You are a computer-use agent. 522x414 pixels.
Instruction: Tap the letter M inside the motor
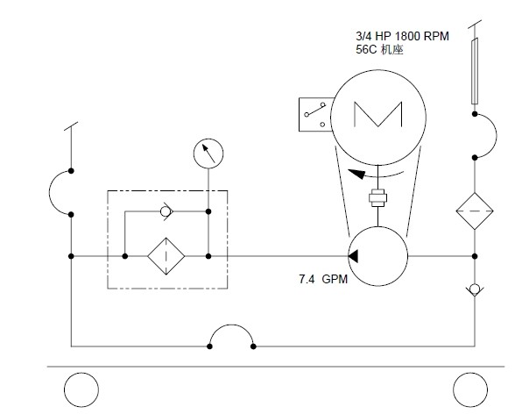[x=377, y=114]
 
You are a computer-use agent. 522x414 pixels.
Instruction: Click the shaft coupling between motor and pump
[x=377, y=198]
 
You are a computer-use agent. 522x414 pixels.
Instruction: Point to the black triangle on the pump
[x=353, y=256]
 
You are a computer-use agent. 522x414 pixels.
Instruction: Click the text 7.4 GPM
[x=323, y=279]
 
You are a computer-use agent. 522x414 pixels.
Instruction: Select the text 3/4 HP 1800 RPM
[x=402, y=36]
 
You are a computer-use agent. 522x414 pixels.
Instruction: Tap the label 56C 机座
[x=379, y=50]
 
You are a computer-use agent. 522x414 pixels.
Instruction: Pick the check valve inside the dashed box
[x=166, y=211]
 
